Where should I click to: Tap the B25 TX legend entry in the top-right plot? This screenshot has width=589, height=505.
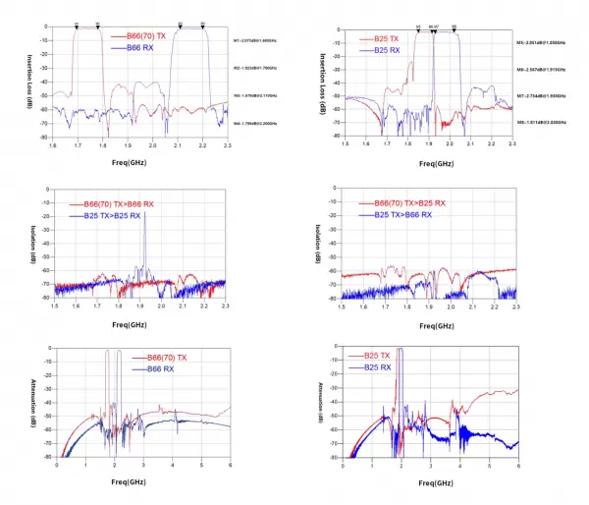(x=385, y=38)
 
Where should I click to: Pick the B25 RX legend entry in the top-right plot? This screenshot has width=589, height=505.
(x=385, y=50)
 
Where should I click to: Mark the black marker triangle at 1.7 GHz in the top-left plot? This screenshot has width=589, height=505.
(x=77, y=26)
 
